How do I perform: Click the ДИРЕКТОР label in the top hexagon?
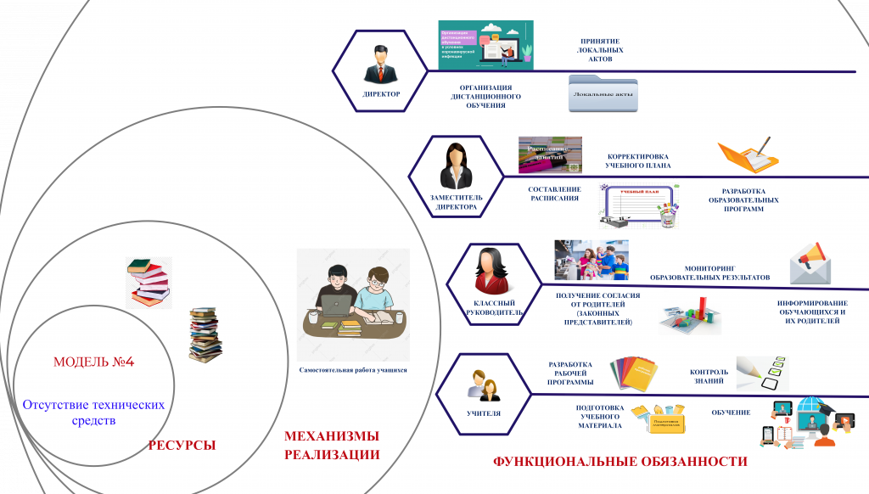click(381, 94)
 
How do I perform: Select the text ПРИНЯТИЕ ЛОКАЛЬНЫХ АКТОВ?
click(600, 50)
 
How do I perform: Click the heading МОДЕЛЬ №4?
click(94, 362)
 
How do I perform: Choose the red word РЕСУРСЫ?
click(182, 445)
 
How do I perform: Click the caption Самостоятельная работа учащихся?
click(353, 370)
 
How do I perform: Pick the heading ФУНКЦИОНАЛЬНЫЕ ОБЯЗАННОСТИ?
click(620, 463)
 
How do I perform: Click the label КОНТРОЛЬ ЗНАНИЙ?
click(709, 376)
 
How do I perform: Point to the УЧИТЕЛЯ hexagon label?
click(483, 414)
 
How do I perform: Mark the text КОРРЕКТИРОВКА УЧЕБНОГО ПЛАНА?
click(638, 161)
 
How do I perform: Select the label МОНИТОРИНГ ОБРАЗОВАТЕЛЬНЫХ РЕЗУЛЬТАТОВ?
click(709, 272)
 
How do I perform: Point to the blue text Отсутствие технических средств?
click(93, 413)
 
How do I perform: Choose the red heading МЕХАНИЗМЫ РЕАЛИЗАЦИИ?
click(332, 446)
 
